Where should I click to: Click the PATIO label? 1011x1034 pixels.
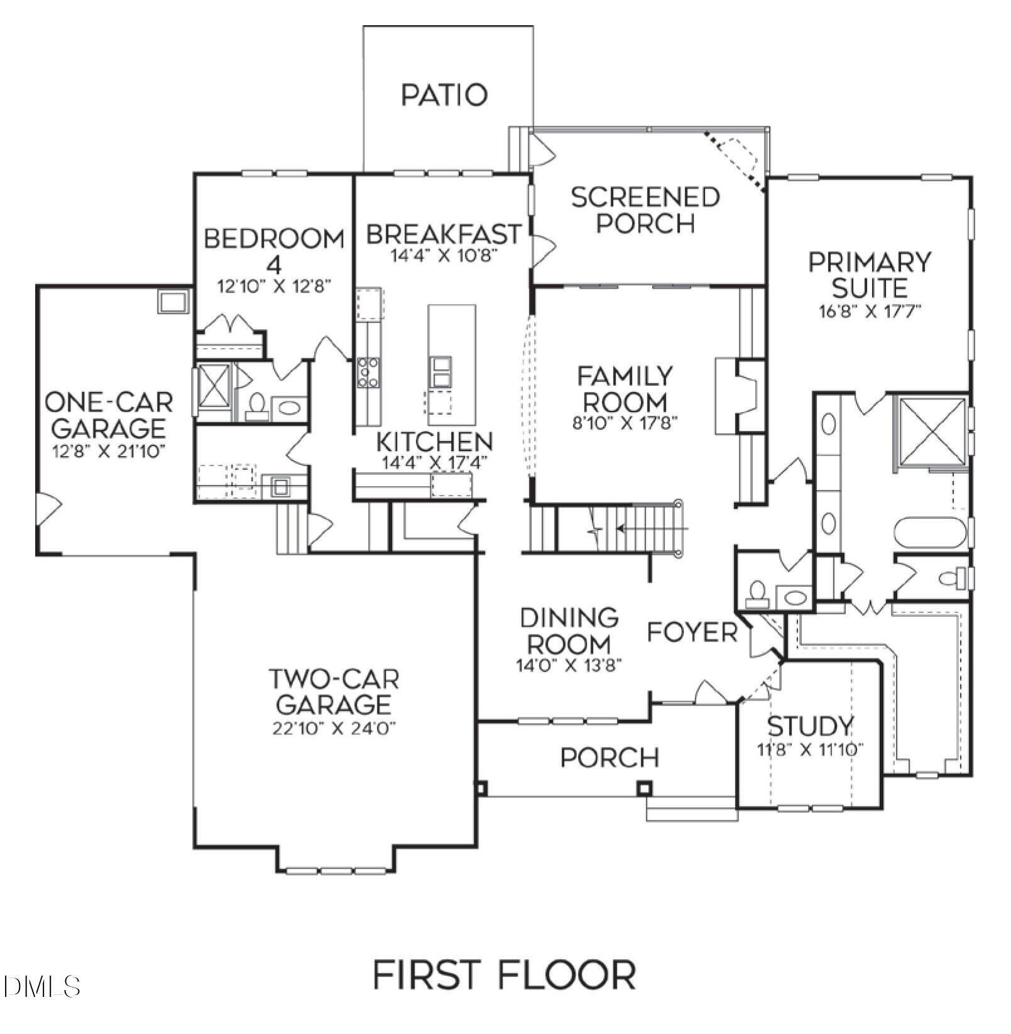pyautogui.click(x=444, y=95)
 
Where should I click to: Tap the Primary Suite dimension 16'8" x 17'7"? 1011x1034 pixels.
pyautogui.click(x=870, y=312)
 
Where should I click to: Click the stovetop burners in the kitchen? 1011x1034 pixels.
pyautogui.click(x=368, y=373)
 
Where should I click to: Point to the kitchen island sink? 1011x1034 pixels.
pyautogui.click(x=440, y=371)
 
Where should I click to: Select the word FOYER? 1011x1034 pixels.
pyautogui.click(x=692, y=633)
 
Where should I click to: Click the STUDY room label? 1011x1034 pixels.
pyautogui.click(x=811, y=726)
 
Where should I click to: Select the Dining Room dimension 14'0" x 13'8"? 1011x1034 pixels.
pyautogui.click(x=569, y=666)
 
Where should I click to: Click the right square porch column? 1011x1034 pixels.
pyautogui.click(x=644, y=788)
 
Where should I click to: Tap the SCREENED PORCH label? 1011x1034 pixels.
pyautogui.click(x=645, y=210)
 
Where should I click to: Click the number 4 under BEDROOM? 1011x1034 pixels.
pyautogui.click(x=274, y=264)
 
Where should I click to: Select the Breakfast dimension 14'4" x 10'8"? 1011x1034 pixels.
pyautogui.click(x=444, y=256)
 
